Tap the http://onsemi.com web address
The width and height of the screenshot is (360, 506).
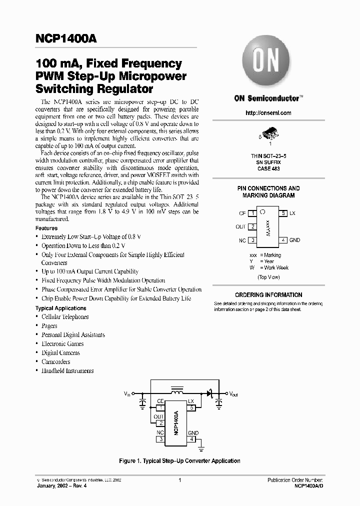pyautogui.click(x=268, y=113)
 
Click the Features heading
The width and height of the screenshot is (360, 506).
pyautogui.click(x=46, y=228)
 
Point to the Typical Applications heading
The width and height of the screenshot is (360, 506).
pyautogui.click(x=60, y=308)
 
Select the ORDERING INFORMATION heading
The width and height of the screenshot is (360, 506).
pyautogui.click(x=268, y=295)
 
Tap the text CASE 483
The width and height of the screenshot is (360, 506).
pyautogui.click(x=268, y=169)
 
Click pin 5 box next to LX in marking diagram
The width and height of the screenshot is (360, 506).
pyautogui.click(x=283, y=213)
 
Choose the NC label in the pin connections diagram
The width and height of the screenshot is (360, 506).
pyautogui.click(x=242, y=240)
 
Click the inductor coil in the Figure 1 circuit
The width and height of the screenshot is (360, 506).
pyautogui.click(x=176, y=388)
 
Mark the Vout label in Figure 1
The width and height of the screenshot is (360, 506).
pyautogui.click(x=234, y=394)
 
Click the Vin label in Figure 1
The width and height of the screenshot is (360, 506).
pyautogui.click(x=127, y=394)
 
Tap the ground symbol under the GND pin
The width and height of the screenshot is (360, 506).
pyautogui.click(x=202, y=443)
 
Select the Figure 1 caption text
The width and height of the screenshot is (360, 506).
pyautogui.click(x=180, y=461)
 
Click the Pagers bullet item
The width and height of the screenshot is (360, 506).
pyautogui.click(x=49, y=326)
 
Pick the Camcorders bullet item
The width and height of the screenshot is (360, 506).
pyautogui.click(x=56, y=362)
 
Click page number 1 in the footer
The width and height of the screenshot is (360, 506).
pyautogui.click(x=179, y=480)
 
